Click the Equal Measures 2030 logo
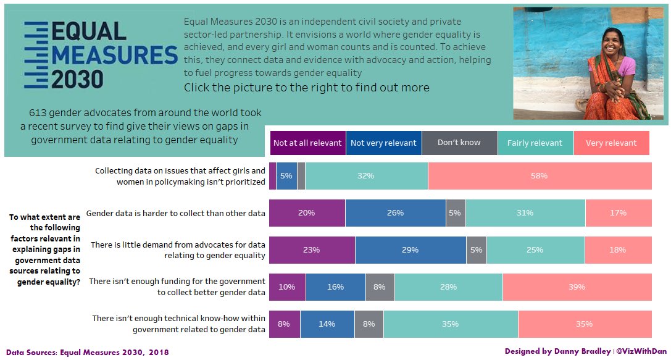click(x=99, y=56)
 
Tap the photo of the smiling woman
click(x=590, y=63)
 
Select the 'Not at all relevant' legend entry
click(x=307, y=143)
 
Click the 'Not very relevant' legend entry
click(x=383, y=143)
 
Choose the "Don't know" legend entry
click(x=459, y=143)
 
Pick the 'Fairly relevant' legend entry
click(x=535, y=143)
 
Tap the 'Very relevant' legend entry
click(x=611, y=143)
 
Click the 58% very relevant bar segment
click(x=540, y=176)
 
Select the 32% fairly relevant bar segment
click(x=366, y=176)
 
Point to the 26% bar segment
click(x=395, y=213)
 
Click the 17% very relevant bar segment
click(x=618, y=213)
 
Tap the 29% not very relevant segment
click(x=411, y=250)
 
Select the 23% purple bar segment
click(x=312, y=250)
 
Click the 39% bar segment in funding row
click(x=577, y=287)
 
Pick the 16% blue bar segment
click(x=335, y=287)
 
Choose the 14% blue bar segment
click(x=327, y=324)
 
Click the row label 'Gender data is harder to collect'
click(x=176, y=213)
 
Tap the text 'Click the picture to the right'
click(x=306, y=87)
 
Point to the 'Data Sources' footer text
click(x=87, y=352)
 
